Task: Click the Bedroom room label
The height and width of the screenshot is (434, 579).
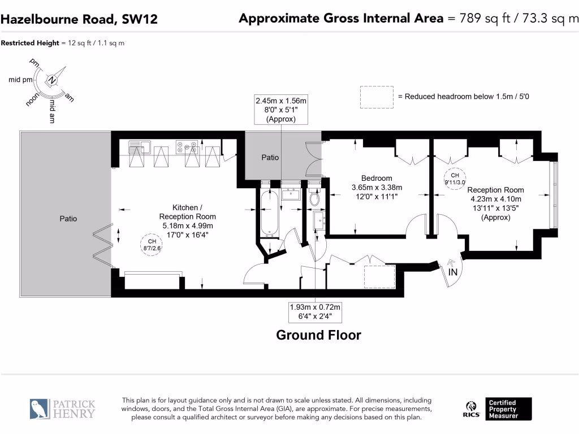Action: pos(376,178)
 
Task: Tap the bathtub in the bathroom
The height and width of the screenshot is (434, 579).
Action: pos(270,212)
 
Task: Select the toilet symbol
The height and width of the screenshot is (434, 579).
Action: pos(314,197)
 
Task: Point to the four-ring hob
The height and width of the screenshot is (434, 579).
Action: pos(187,147)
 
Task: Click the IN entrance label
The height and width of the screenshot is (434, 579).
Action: pos(453,272)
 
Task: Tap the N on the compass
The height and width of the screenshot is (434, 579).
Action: pos(52,80)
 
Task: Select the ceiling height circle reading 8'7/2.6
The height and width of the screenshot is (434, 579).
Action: pos(152,245)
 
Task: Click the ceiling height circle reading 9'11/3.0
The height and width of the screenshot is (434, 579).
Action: pos(455,179)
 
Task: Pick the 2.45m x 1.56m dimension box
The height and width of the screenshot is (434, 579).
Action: pos(281,110)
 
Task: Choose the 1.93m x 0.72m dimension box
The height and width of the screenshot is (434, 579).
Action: pos(315,312)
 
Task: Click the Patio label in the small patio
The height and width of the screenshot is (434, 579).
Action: pos(270,158)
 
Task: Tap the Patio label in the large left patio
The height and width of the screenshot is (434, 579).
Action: pos(68,219)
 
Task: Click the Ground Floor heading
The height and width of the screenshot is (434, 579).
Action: pos(319,335)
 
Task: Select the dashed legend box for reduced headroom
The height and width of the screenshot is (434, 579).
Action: pos(377,97)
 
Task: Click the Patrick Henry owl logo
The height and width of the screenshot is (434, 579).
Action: pos(40,409)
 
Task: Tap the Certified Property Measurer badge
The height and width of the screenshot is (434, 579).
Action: pos(508,409)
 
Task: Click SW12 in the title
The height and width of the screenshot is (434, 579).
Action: pos(140,19)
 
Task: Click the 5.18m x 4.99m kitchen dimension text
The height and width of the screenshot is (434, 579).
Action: pos(188,226)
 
